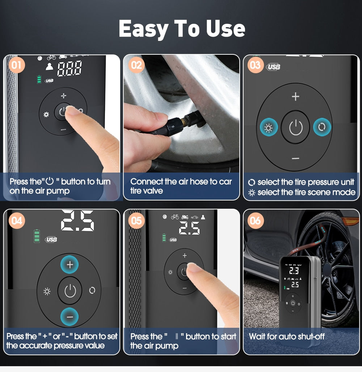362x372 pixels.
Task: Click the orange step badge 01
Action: click(16, 66)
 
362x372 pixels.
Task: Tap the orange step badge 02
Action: click(136, 66)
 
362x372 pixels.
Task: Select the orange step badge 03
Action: click(255, 65)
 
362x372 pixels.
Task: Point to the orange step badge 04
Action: click(17, 220)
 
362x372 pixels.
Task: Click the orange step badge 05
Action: click(136, 220)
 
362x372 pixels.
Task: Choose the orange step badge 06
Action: click(255, 220)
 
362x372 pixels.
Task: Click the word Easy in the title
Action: click(143, 29)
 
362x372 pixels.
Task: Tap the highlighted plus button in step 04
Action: click(70, 265)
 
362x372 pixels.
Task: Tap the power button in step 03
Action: click(295, 127)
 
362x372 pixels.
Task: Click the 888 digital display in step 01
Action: click(70, 68)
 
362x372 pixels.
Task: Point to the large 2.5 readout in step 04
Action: click(77, 221)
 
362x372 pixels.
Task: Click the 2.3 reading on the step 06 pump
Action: click(294, 270)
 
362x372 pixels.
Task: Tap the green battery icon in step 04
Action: click(37, 236)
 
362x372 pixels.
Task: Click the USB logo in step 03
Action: click(274, 67)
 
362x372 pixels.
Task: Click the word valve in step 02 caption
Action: click(153, 191)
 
